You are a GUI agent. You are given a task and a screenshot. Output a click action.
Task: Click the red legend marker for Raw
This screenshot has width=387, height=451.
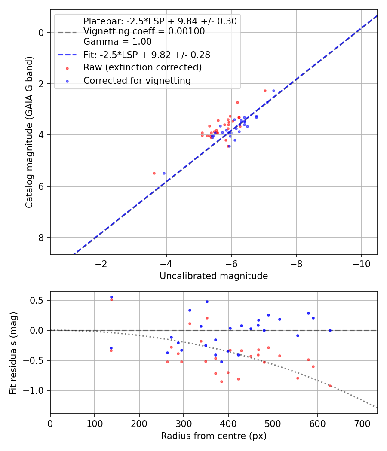point(67,68)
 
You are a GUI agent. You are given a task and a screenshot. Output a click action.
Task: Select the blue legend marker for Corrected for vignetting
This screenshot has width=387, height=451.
point(67,82)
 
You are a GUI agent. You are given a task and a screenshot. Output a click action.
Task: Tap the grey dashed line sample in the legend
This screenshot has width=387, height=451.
point(67,33)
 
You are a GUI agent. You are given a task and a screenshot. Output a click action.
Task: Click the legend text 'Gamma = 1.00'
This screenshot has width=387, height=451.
point(117,41)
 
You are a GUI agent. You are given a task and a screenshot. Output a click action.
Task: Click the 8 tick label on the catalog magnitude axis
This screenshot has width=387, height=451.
point(41,238)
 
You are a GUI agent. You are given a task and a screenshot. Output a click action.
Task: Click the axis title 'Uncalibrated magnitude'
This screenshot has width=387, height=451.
point(214,276)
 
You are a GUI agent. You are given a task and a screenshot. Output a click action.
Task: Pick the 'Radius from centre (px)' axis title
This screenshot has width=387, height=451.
point(214,436)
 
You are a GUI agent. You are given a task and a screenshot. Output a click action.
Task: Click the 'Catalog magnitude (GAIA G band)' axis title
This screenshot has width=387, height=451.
point(29,132)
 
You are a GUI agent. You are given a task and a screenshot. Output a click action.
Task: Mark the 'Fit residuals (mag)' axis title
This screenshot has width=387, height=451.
point(13,353)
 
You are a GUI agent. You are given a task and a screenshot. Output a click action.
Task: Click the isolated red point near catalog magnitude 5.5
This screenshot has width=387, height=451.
point(154,173)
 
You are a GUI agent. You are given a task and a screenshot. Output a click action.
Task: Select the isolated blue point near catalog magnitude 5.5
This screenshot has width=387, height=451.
point(164,173)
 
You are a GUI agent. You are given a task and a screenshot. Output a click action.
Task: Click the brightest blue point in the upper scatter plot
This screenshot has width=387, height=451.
point(273,91)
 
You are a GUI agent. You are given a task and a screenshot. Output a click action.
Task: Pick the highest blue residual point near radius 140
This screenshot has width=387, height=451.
point(111,297)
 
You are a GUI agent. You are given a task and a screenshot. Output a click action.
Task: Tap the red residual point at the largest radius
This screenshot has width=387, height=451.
point(330,386)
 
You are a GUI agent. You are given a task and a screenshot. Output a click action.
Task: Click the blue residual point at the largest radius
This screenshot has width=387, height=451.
point(330,330)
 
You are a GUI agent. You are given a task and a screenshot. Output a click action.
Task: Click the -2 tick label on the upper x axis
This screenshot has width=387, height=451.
point(101,264)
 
